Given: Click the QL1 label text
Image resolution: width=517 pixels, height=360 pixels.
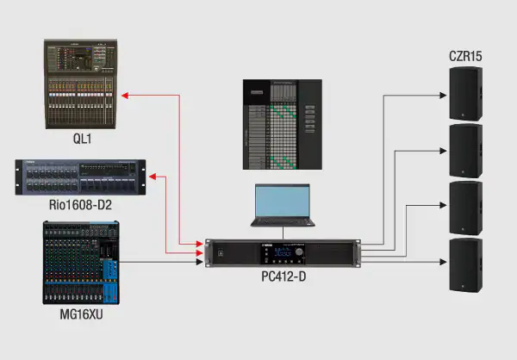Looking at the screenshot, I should coord(81,138).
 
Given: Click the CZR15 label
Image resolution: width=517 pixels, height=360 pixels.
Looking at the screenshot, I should coord(465,58).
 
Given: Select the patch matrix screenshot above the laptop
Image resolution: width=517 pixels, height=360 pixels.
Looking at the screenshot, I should coord(282,125).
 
